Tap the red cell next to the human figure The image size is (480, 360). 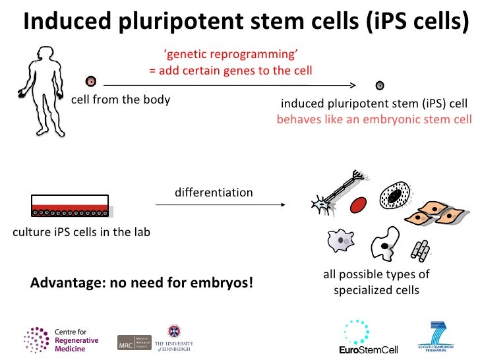click(91, 82)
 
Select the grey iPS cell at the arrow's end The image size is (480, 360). click(380, 85)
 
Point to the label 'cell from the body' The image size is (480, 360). click(121, 100)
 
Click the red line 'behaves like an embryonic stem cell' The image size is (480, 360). click(374, 119)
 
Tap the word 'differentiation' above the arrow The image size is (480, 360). click(214, 193)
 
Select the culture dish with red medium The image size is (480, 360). click(69, 206)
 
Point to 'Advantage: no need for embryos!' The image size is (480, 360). click(142, 284)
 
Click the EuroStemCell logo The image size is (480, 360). click(357, 337)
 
